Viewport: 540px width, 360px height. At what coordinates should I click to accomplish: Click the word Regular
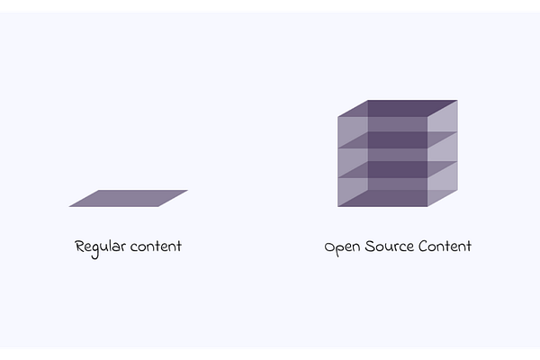click(x=100, y=247)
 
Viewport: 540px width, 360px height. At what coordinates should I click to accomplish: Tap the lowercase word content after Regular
click(x=155, y=247)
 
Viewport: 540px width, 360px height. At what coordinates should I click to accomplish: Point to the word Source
click(x=391, y=246)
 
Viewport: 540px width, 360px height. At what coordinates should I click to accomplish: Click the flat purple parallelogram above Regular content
click(x=128, y=198)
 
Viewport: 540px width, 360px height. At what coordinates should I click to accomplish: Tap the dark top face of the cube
click(x=397, y=108)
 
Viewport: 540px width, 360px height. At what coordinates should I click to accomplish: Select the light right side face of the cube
click(x=442, y=153)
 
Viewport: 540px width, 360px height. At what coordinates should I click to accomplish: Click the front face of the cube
click(x=382, y=162)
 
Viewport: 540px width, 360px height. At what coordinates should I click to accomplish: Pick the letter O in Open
click(x=330, y=246)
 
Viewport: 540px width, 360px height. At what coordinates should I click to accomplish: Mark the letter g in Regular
click(x=98, y=249)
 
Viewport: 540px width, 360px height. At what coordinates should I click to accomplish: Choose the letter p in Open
click(x=341, y=248)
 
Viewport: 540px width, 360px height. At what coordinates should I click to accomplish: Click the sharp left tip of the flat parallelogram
click(x=69, y=206)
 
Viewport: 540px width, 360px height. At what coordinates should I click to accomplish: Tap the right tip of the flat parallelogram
click(x=187, y=191)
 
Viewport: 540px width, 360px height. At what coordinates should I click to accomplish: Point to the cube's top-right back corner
click(x=456, y=101)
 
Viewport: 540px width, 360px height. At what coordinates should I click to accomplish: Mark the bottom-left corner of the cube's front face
click(x=338, y=206)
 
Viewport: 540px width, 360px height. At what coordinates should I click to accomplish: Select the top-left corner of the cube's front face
click(x=338, y=117)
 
